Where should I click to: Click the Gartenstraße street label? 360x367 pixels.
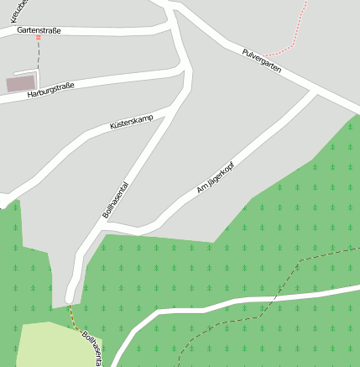pyautogui.click(x=39, y=30)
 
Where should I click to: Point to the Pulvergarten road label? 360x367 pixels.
pyautogui.click(x=261, y=61)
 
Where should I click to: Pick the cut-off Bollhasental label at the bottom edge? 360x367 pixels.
pyautogui.click(x=93, y=349)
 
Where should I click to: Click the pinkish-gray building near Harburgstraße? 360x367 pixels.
pyautogui.click(x=21, y=83)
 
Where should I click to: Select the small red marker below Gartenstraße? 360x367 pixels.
pyautogui.click(x=38, y=38)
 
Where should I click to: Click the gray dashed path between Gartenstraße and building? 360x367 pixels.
pyautogui.click(x=38, y=57)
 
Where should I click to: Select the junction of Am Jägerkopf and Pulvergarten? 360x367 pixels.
pyautogui.click(x=316, y=91)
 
